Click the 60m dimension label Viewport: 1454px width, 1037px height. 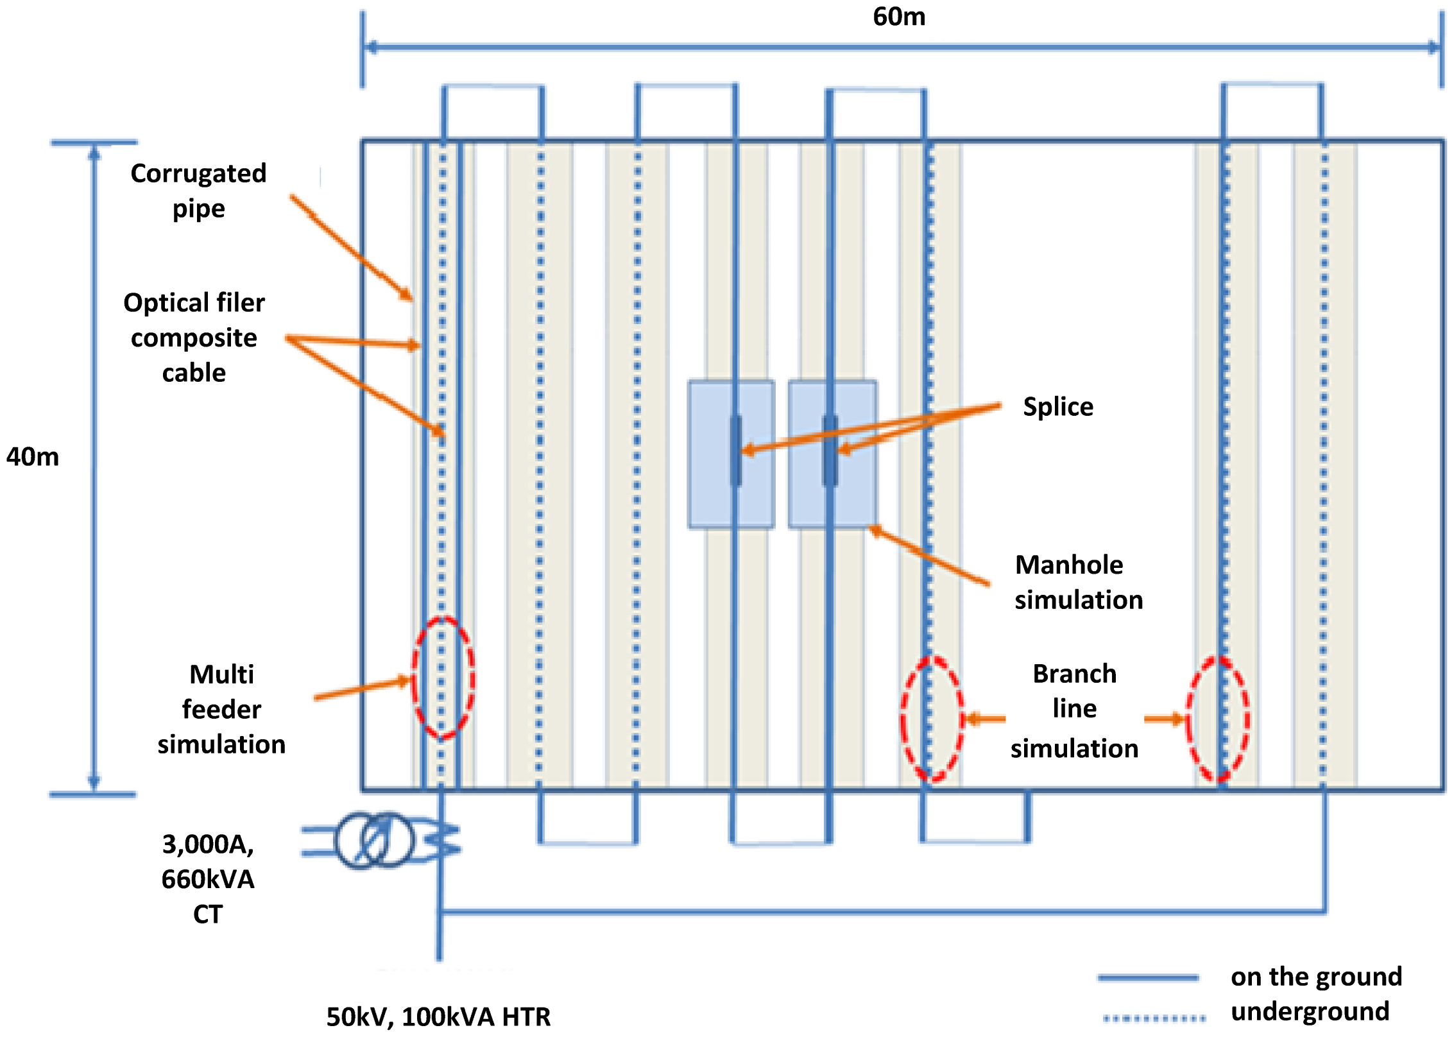[x=899, y=17]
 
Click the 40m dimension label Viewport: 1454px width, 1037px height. [x=33, y=457]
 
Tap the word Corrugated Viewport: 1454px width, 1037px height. [x=198, y=173]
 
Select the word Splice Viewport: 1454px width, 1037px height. [x=1058, y=407]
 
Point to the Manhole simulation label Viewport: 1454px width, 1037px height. [x=1078, y=582]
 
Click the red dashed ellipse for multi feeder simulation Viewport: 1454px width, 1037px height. [x=443, y=678]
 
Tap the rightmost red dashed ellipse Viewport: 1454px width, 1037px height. [x=1217, y=719]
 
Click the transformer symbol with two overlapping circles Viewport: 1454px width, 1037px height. [x=374, y=840]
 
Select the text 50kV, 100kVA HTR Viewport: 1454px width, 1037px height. [x=438, y=1017]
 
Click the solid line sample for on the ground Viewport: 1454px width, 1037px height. [x=1148, y=978]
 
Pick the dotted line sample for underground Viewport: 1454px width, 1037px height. [x=1154, y=1018]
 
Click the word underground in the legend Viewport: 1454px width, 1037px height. [x=1310, y=1012]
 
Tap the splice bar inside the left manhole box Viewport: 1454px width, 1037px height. [x=735, y=450]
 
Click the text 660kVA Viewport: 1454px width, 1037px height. [x=208, y=879]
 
